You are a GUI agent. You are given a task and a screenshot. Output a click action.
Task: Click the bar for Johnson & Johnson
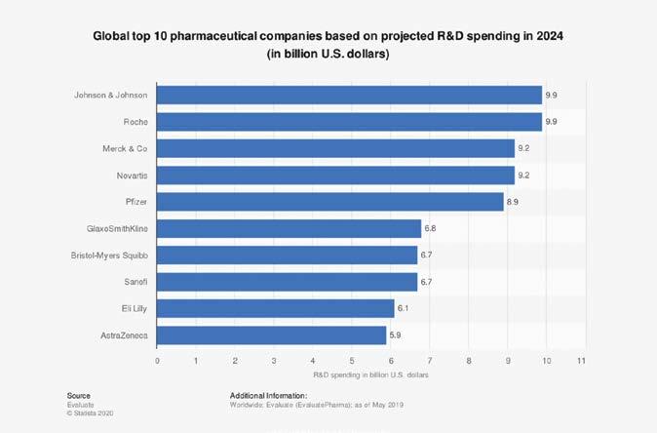point(349,96)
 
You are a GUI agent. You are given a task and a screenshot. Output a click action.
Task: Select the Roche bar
point(349,122)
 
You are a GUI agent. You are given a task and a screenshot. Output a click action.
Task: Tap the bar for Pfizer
point(330,202)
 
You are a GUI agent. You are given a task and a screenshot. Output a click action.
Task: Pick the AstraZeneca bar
point(272,335)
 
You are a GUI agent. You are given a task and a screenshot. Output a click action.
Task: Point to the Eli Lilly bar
point(276,308)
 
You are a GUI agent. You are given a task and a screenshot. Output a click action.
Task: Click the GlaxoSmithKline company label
point(118,228)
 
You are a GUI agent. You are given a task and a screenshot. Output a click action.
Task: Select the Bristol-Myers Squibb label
point(110,256)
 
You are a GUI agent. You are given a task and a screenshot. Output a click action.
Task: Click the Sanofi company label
point(135,282)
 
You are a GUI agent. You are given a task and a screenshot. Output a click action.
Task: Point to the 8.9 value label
point(515,202)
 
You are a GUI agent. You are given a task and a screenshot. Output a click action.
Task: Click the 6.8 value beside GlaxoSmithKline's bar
point(432,228)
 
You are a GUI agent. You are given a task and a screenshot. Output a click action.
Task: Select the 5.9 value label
point(397,335)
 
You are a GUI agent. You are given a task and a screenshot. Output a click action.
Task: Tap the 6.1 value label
point(405,308)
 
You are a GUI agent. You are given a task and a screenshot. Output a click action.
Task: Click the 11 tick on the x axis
point(581,361)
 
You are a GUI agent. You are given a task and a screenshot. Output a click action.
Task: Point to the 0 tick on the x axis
point(157,361)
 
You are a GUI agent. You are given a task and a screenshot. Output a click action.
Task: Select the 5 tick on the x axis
point(352,361)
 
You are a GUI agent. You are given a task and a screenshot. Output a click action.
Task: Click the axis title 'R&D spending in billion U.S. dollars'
point(369,375)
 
